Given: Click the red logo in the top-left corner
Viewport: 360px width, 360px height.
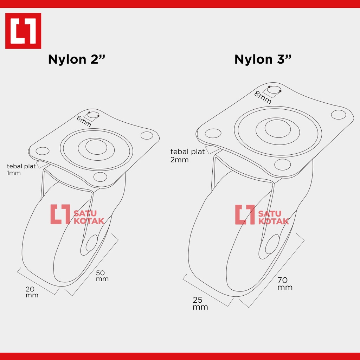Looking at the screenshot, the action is pos(23,31).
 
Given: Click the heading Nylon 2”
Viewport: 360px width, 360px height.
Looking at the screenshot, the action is pos(76,59).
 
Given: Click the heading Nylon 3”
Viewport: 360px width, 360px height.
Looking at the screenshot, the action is pos(263,59).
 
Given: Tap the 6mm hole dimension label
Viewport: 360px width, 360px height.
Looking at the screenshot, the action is pos(84,121).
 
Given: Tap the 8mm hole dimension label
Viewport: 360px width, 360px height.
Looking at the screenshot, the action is pos(263,97).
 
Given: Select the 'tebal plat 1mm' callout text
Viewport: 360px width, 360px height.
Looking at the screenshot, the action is pos(21,169).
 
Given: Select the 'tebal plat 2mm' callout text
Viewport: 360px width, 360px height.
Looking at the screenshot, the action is pos(187,155).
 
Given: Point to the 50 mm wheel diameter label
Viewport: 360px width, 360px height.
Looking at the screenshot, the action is pos(102,276).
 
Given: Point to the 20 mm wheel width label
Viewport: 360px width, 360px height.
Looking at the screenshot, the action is pos(32,292).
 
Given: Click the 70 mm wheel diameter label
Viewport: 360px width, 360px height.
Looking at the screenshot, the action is pos(285,284).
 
